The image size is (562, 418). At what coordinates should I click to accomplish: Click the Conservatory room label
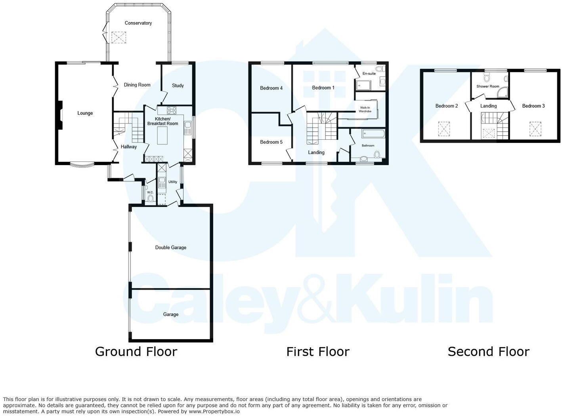[138, 23]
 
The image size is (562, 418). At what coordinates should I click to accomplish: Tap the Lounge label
[85, 113]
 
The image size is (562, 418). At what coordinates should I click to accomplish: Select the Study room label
[178, 85]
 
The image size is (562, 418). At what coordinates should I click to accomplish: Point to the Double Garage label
[170, 247]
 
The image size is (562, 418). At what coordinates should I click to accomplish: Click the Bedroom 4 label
[271, 88]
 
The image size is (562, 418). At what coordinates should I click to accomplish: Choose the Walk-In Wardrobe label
[365, 109]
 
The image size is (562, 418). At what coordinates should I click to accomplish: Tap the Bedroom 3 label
[533, 106]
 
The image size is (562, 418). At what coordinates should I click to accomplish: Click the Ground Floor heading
[136, 351]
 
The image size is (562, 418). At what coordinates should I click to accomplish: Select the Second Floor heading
[488, 351]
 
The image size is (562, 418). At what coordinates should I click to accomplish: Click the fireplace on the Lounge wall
[60, 115]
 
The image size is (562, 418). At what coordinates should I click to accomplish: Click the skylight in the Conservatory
[118, 38]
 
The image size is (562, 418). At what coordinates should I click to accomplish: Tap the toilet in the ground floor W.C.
[150, 198]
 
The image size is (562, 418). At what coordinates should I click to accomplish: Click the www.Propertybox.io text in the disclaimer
[214, 411]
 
